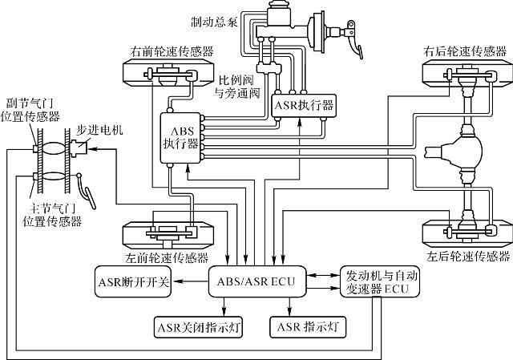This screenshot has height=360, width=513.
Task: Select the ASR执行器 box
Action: pyautogui.click(x=303, y=104)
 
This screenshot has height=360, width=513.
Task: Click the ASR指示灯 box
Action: pyautogui.click(x=309, y=326)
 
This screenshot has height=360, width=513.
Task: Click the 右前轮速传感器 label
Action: pyautogui.click(x=172, y=51)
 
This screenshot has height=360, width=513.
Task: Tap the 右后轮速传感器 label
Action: pyautogui.click(x=463, y=51)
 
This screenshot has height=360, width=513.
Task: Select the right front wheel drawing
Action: pyautogui.click(x=167, y=75)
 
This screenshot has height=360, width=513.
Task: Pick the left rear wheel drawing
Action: pyautogui.click(x=463, y=231)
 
